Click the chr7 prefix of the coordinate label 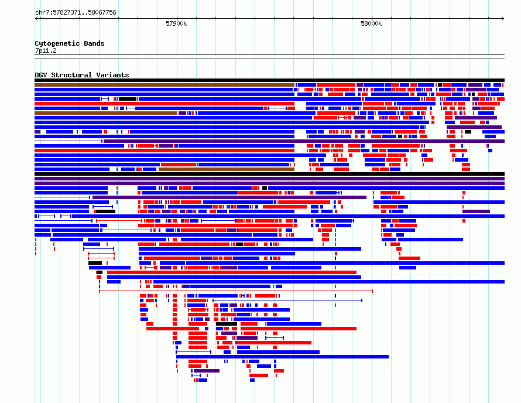pyautogui.click(x=41, y=13)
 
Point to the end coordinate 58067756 pyautogui.click(x=102, y=13)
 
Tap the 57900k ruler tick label pyautogui.click(x=176, y=23)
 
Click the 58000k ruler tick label pyautogui.click(x=371, y=23)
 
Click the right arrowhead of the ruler pyautogui.click(x=503, y=18)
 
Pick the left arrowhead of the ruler pyautogui.click(x=36, y=18)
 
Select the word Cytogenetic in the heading pyautogui.click(x=57, y=43)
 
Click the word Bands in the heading pyautogui.click(x=94, y=43)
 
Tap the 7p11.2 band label pyautogui.click(x=46, y=51)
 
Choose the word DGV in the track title pyautogui.click(x=41, y=75)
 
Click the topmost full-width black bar pyautogui.click(x=269, y=80)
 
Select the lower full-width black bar pyautogui.click(x=269, y=174)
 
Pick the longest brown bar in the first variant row pyautogui.click(x=164, y=85)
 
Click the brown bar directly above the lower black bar pyautogui.click(x=227, y=169)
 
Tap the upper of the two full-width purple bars pyautogui.click(x=269, y=179)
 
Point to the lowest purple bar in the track pyautogui.click(x=207, y=371)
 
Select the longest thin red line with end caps pyautogui.click(x=236, y=291)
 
